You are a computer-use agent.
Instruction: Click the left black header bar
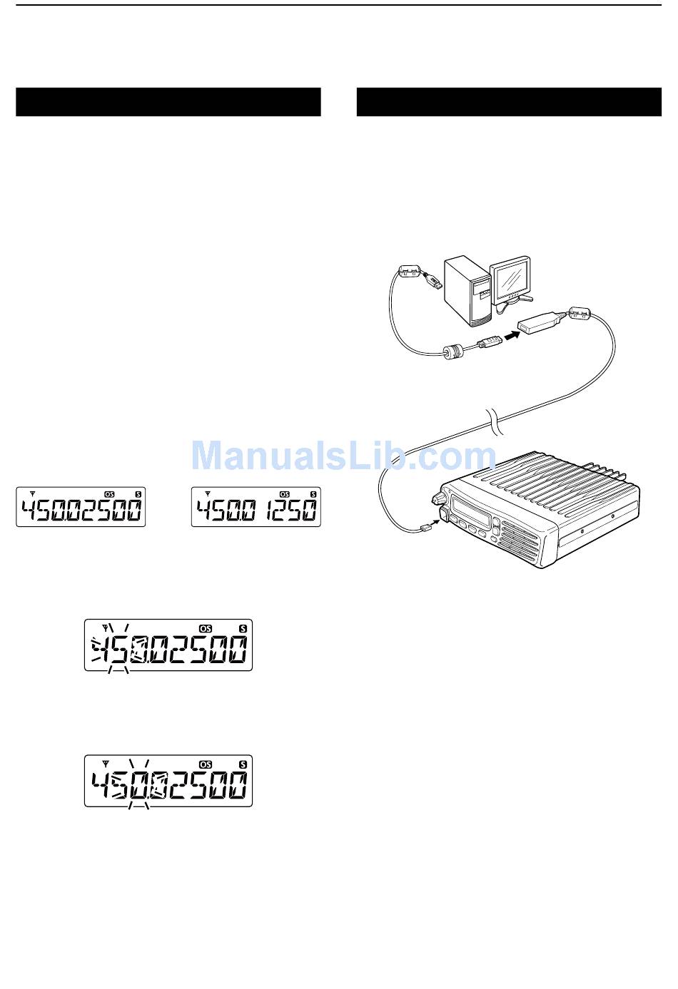[x=168, y=102]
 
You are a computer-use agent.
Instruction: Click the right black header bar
[x=509, y=102]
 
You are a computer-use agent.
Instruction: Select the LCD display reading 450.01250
[x=256, y=507]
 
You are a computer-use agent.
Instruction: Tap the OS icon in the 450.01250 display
[x=285, y=493]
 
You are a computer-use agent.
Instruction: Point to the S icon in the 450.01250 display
[x=313, y=493]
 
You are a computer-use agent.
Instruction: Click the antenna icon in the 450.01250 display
[x=208, y=493]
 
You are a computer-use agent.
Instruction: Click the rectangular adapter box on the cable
[x=542, y=322]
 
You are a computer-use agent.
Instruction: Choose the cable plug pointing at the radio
[x=426, y=528]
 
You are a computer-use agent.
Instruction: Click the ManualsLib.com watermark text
[x=343, y=454]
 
